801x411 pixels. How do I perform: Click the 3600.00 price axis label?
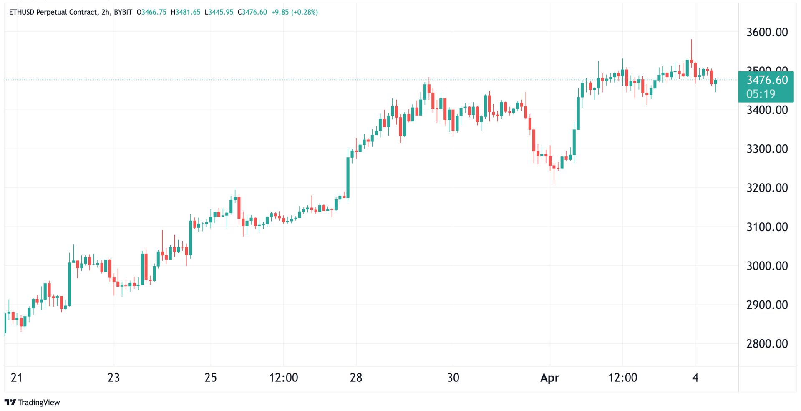pos(767,32)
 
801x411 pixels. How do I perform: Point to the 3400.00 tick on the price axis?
pos(767,110)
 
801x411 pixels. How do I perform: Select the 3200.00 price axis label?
pos(767,188)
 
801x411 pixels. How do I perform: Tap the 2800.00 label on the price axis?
pos(767,344)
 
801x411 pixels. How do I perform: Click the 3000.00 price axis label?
pos(767,266)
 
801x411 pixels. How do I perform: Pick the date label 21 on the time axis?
pos(16,378)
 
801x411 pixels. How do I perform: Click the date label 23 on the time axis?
pos(113,378)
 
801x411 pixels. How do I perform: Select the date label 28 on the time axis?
pos(356,378)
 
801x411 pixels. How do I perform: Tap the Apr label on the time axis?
pos(549,378)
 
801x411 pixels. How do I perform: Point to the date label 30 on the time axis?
pos(453,378)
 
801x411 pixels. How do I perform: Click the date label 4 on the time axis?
pos(695,378)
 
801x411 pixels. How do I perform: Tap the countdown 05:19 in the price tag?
pos(761,94)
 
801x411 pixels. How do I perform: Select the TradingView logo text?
pos(39,403)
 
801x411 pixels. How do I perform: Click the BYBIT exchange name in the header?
pos(123,12)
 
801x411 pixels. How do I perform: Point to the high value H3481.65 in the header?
pos(185,12)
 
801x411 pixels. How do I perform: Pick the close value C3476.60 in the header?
pos(252,12)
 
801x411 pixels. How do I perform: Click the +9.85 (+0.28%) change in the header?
pos(295,12)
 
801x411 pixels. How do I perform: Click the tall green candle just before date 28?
pos(348,177)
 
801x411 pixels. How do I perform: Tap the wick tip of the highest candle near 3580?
pos(691,40)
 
